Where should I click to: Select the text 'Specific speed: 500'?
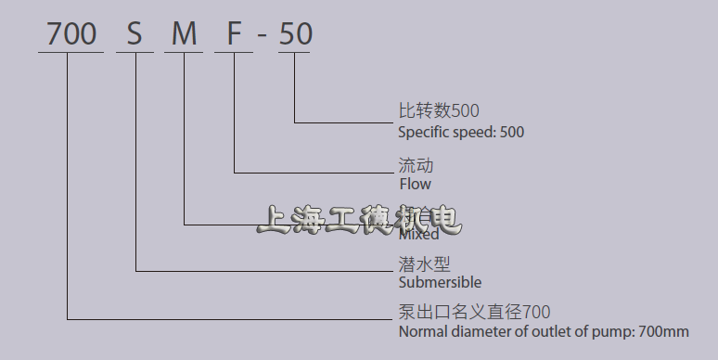[461, 132]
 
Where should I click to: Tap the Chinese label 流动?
[416, 166]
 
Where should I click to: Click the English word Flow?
[415, 184]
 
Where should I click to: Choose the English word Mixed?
[419, 235]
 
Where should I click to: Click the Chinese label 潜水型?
[424, 264]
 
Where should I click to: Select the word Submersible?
[440, 282]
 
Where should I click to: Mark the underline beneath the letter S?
[135, 52]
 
